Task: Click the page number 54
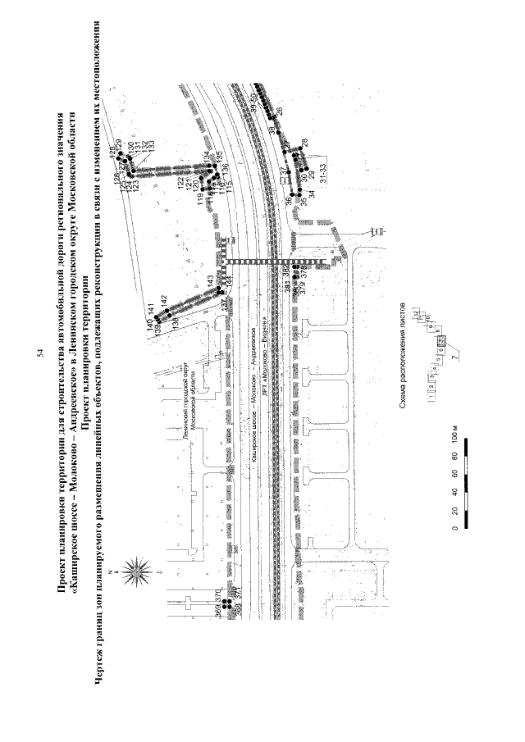tap(41, 354)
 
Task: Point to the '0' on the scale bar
tap(454, 529)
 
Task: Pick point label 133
tap(151, 148)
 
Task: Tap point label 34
tap(312, 192)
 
